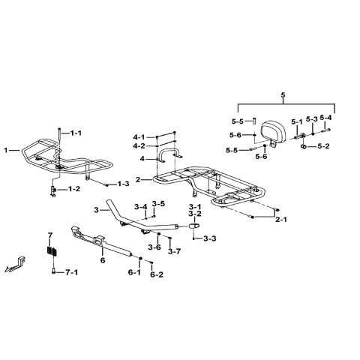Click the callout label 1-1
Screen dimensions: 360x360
pyautogui.click(x=76, y=133)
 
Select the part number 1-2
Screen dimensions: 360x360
pyautogui.click(x=74, y=189)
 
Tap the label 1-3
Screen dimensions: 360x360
pyautogui.click(x=124, y=184)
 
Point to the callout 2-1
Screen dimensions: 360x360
pyautogui.click(x=281, y=220)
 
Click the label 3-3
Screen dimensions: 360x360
pyautogui.click(x=210, y=238)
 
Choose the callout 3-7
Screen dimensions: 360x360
pyautogui.click(x=174, y=251)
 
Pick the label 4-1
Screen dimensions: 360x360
pyautogui.click(x=139, y=137)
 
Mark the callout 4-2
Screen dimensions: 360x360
pyautogui.click(x=139, y=145)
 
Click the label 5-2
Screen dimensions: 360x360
pyautogui.click(x=323, y=146)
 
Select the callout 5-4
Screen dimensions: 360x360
pyautogui.click(x=326, y=118)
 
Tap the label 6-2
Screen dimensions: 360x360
pyautogui.click(x=157, y=274)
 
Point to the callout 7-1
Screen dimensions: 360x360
pyautogui.click(x=72, y=272)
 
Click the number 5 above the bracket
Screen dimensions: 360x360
pyautogui.click(x=283, y=95)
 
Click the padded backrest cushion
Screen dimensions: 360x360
pyautogui.click(x=274, y=131)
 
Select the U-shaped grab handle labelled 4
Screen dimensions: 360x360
pyautogui.click(x=169, y=151)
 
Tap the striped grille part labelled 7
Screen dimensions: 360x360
pyautogui.click(x=52, y=251)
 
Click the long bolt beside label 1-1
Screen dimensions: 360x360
pyautogui.click(x=59, y=135)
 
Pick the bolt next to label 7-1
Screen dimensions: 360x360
pyautogui.click(x=53, y=271)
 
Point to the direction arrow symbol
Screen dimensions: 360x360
pyautogui.click(x=16, y=264)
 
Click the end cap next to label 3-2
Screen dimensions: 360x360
pyautogui.click(x=195, y=226)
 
